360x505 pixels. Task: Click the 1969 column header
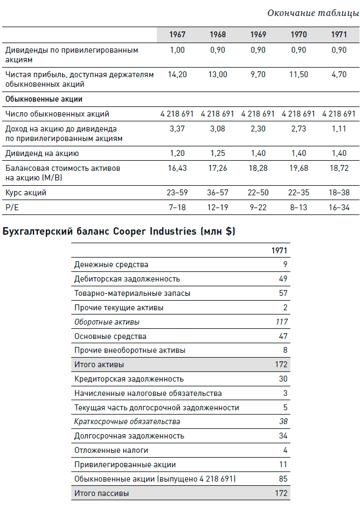click(x=258, y=35)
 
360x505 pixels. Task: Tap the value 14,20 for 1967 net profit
click(x=177, y=74)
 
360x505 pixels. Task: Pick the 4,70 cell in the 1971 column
click(x=339, y=74)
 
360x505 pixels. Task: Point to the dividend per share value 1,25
click(x=217, y=153)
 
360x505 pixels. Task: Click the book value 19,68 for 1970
click(x=298, y=168)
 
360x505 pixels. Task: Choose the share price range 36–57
click(x=217, y=193)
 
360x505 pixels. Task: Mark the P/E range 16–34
click(x=339, y=207)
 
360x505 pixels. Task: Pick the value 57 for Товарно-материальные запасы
click(x=283, y=293)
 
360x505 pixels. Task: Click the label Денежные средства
click(x=111, y=264)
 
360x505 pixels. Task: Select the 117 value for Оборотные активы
click(x=281, y=322)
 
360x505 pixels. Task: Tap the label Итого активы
click(x=99, y=365)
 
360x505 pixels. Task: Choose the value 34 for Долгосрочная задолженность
click(x=283, y=436)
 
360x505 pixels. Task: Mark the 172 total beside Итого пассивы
click(x=281, y=493)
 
